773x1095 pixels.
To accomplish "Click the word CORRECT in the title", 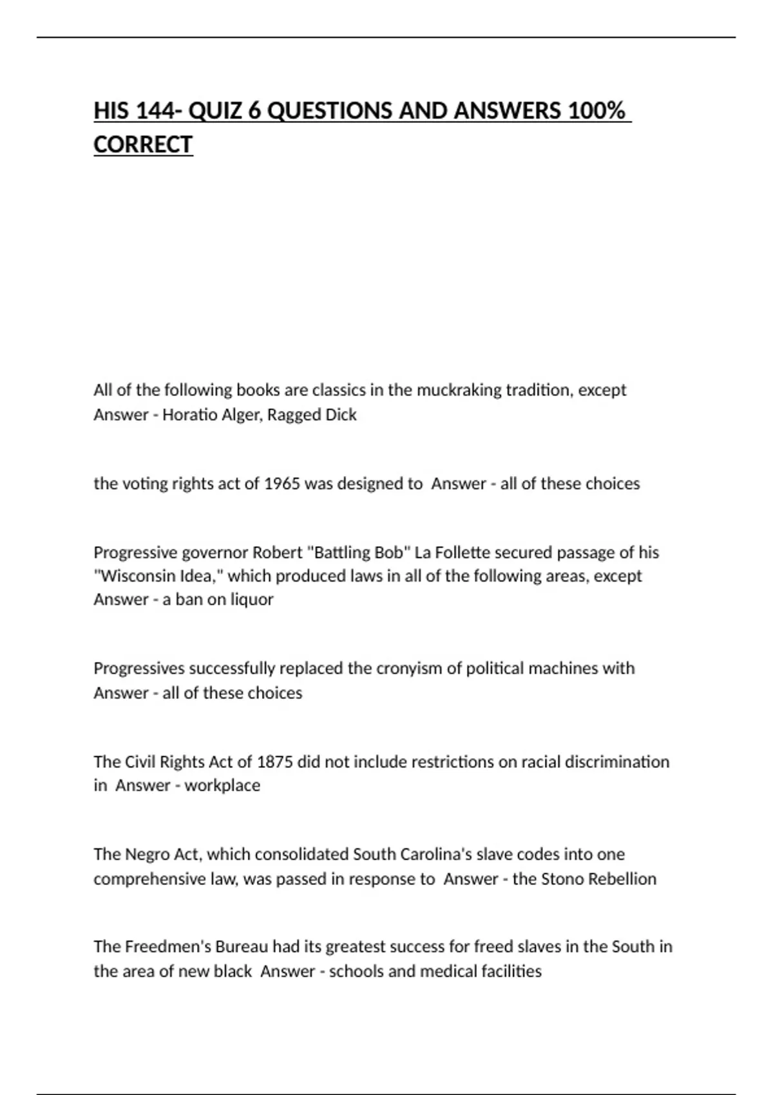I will point(143,144).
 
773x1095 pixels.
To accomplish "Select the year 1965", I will point(282,483).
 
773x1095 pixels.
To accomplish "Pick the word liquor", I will point(248,599).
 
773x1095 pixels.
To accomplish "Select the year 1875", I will point(275,761).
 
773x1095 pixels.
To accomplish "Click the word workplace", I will point(222,785).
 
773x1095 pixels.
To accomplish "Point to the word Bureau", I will point(241,946).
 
